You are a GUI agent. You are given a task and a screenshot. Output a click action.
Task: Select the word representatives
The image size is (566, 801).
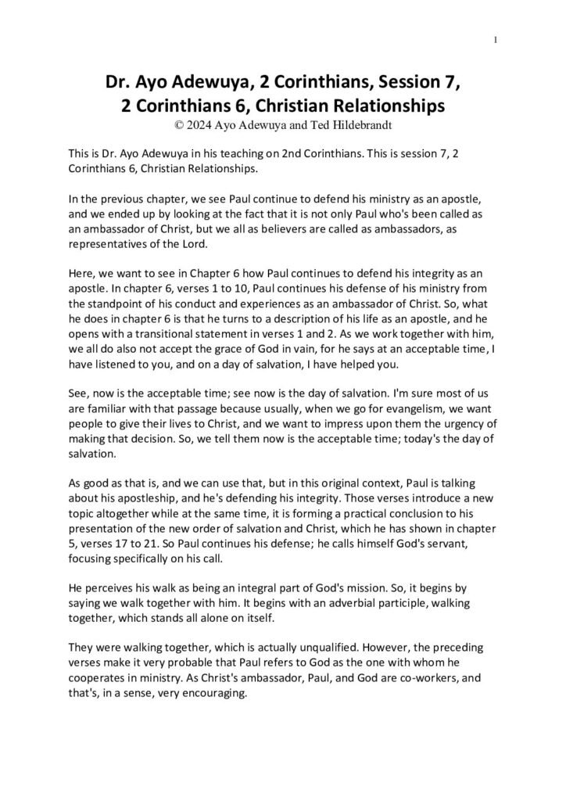click(x=106, y=243)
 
